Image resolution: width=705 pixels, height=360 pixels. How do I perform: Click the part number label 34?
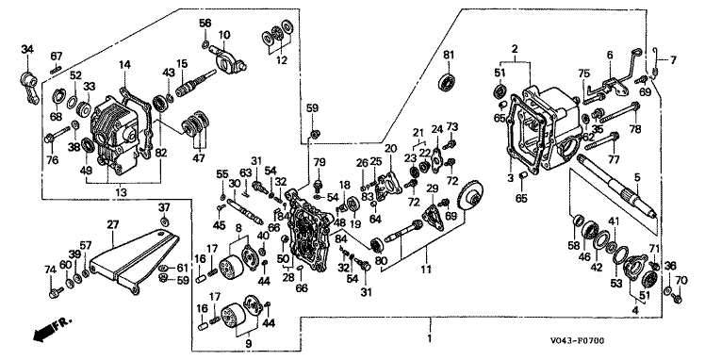click(x=27, y=49)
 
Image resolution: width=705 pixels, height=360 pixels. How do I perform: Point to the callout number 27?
click(x=111, y=223)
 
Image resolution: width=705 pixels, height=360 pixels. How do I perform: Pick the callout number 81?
click(x=449, y=55)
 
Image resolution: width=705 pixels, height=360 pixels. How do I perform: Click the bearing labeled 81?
click(x=448, y=82)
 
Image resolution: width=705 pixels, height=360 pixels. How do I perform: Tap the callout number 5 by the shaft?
click(x=637, y=178)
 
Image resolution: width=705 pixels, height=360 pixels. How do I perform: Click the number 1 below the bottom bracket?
click(x=430, y=338)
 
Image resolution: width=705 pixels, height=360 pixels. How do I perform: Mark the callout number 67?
click(x=57, y=57)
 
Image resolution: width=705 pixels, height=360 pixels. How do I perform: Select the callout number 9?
click(x=248, y=343)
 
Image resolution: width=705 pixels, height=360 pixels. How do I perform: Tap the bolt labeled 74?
click(x=53, y=294)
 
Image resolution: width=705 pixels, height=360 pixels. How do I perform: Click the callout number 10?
click(x=224, y=34)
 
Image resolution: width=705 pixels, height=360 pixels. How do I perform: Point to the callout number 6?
click(x=610, y=55)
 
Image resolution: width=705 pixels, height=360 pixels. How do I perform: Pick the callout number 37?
click(x=165, y=207)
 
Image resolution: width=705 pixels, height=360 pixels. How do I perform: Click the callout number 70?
click(x=681, y=281)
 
